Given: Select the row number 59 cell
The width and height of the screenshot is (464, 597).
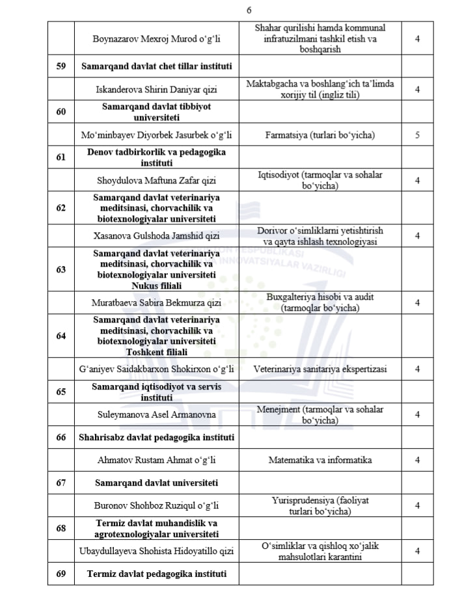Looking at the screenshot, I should pyautogui.click(x=61, y=66).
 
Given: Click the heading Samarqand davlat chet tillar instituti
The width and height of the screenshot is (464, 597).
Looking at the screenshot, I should pyautogui.click(x=156, y=66).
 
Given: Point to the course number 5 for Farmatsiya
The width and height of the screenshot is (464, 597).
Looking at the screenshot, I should pyautogui.click(x=417, y=136).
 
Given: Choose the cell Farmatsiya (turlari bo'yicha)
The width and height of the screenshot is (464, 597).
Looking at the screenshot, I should pyautogui.click(x=320, y=136).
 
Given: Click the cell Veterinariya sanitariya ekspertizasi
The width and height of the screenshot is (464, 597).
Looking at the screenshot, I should pyautogui.click(x=320, y=369).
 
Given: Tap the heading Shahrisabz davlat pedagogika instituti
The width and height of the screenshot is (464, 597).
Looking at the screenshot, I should pyautogui.click(x=156, y=437).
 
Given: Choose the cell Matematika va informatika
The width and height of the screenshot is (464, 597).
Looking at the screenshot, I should pyautogui.click(x=320, y=460).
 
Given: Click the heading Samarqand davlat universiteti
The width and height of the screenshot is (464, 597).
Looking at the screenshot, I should pyautogui.click(x=156, y=483).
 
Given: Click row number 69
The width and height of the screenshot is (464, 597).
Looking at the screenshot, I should pyautogui.click(x=61, y=574).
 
